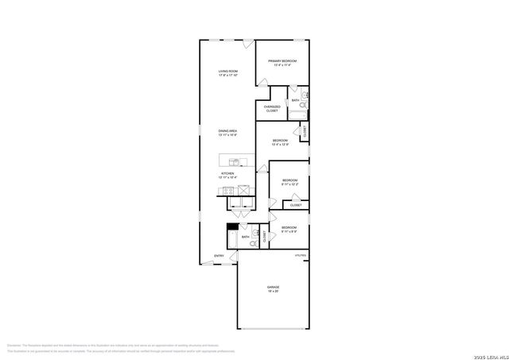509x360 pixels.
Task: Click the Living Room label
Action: click(x=228, y=74)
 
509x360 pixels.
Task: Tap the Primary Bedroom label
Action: click(x=282, y=63)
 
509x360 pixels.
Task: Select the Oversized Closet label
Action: click(x=272, y=109)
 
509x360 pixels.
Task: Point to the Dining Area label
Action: click(x=228, y=132)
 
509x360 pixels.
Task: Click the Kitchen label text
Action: click(x=228, y=174)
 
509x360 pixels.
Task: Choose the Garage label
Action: click(x=273, y=288)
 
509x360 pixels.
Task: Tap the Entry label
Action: click(x=218, y=255)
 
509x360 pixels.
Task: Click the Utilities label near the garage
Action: click(x=301, y=255)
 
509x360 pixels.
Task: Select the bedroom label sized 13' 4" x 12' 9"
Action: click(x=281, y=142)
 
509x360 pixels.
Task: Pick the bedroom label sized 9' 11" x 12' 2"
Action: click(x=289, y=182)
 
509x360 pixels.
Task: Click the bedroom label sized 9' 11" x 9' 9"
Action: click(x=289, y=230)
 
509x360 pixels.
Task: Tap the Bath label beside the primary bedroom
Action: click(x=296, y=100)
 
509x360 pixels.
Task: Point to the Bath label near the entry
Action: click(x=245, y=237)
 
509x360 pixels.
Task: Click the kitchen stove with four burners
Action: click(x=229, y=191)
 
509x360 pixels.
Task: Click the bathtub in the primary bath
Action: click(x=297, y=113)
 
